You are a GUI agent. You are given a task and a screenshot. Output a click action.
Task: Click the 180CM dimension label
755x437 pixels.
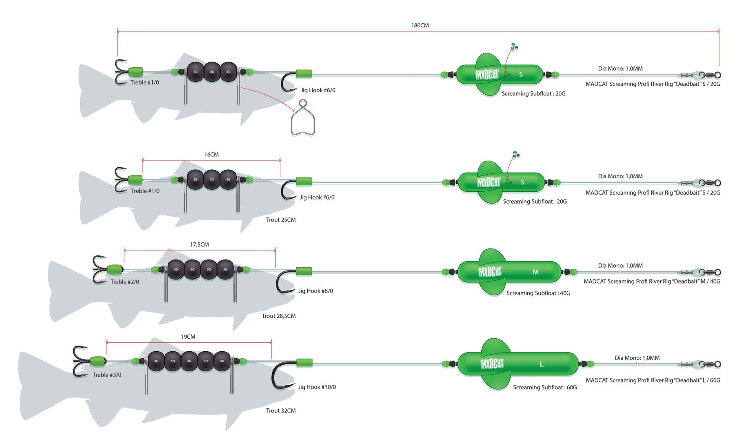[x=420, y=25]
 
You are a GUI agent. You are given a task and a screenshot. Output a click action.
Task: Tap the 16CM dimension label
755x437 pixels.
[x=211, y=155]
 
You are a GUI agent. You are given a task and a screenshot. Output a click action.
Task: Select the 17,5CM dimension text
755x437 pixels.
[x=199, y=245]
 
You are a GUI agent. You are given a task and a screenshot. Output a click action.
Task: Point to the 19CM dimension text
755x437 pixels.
[x=188, y=337]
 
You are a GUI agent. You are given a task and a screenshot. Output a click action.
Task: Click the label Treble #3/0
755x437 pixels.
[x=107, y=375]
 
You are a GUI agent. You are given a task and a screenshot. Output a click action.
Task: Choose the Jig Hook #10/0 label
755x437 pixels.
[x=317, y=387]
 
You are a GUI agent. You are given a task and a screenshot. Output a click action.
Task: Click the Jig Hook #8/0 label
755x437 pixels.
[x=315, y=291]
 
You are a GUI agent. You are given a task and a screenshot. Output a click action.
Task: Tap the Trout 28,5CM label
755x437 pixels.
[x=278, y=316]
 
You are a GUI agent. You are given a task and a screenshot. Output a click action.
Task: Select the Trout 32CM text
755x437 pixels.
[x=281, y=411]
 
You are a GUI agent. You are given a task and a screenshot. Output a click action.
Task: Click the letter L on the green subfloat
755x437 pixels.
[x=542, y=364]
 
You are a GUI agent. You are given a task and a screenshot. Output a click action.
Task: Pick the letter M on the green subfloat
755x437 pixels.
[x=535, y=272]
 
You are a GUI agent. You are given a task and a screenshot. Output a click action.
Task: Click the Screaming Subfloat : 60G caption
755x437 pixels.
[x=545, y=388]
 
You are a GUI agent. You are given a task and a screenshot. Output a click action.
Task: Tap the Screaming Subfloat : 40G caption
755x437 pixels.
[x=538, y=293]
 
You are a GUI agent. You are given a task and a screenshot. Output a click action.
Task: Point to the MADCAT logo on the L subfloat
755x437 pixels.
[x=492, y=364]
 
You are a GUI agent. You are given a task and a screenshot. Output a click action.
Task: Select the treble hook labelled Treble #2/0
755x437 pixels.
[x=99, y=269]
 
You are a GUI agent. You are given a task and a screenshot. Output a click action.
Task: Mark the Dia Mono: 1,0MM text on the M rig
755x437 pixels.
[x=620, y=266]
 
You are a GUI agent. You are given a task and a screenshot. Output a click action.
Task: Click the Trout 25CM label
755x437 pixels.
[x=281, y=220]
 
